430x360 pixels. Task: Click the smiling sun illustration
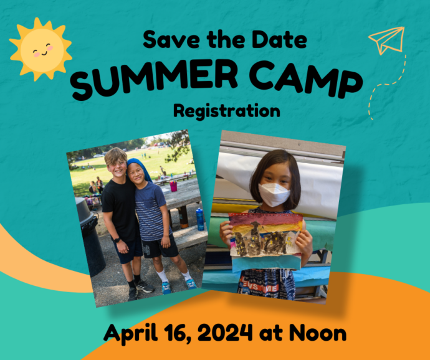tap(41, 49)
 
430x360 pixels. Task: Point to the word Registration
tap(226, 112)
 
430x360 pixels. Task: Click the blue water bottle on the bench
tap(200, 219)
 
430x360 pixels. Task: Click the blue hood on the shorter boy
tap(138, 167)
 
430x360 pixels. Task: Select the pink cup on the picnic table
tap(173, 186)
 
